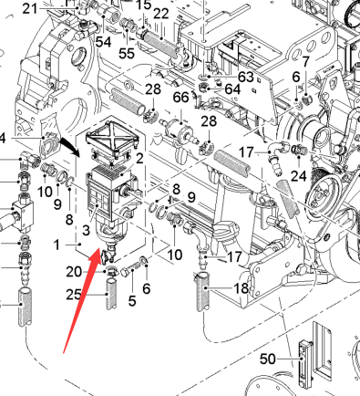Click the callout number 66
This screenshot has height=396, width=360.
180,98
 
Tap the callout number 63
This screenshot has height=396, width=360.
246,77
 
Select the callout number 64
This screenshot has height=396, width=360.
232,89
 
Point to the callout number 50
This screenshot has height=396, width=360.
268,359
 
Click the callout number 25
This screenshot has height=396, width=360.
74,295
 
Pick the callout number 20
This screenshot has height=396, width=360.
74,272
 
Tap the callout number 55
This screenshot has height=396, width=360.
127,53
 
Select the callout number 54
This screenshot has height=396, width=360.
103,42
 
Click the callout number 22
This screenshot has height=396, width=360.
161,14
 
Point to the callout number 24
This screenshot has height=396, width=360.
298,175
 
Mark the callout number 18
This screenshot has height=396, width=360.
242,287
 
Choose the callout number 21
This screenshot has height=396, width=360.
30,9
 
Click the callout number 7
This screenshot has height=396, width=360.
305,62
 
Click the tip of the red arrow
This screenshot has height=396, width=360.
100,248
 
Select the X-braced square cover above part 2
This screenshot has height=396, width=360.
112,139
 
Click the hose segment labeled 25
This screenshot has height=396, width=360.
111,293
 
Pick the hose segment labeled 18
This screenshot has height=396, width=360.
203,291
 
